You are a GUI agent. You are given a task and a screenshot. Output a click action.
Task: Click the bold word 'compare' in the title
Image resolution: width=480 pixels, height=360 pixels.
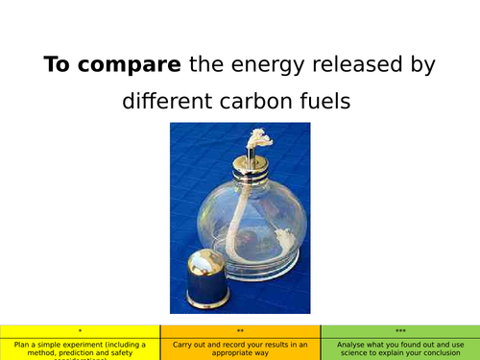pos(135,66)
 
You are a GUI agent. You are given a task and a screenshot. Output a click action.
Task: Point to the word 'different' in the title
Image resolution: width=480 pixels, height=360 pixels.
pos(167,100)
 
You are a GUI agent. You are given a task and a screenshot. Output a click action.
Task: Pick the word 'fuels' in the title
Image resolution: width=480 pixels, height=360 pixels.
pos(329,100)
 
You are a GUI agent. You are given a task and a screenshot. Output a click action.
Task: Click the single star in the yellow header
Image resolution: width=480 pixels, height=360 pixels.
pos(80,330)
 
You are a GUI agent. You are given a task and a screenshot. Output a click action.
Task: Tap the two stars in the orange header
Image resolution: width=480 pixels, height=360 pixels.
pos(240,330)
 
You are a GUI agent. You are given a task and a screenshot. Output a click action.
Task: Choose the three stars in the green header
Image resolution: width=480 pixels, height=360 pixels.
pos(399,330)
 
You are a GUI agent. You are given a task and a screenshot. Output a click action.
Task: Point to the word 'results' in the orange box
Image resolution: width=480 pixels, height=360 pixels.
pos(270,343)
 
